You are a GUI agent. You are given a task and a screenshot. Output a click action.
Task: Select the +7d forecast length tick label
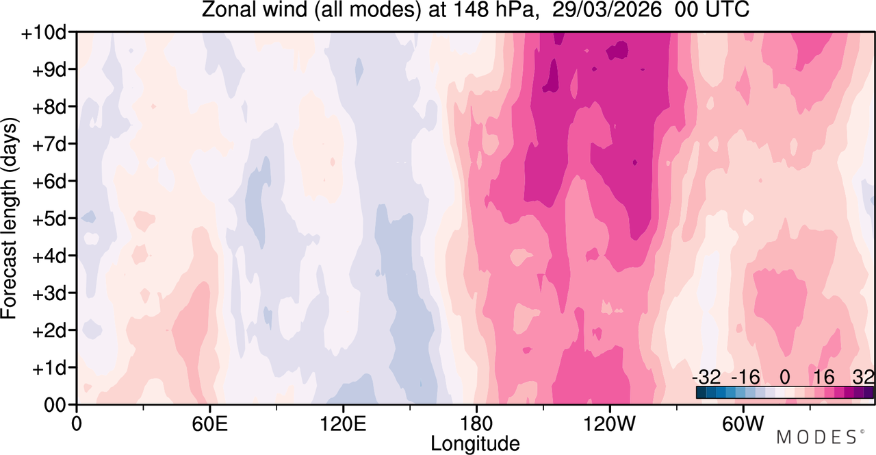click(49, 145)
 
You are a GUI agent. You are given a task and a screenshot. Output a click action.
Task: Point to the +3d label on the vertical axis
click(49, 293)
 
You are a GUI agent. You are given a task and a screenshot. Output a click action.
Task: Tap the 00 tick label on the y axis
click(55, 405)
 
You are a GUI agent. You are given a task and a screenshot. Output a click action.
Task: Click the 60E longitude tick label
click(209, 423)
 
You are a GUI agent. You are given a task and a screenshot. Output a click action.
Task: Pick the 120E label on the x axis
click(343, 423)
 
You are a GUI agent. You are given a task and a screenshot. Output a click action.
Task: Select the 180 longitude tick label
click(476, 423)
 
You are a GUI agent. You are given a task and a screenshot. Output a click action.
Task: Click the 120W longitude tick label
click(609, 423)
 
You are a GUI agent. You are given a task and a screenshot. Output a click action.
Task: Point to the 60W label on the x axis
click(743, 423)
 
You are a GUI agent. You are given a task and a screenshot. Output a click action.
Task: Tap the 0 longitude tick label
click(77, 423)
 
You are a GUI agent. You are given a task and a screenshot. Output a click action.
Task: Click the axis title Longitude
click(475, 444)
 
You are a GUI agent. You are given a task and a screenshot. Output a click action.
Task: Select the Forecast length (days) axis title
click(10, 218)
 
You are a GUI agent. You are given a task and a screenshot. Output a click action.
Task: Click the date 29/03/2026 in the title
click(606, 10)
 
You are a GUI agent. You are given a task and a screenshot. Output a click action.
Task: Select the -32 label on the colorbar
click(706, 378)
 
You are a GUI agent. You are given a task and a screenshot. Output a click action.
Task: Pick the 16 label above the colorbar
click(824, 378)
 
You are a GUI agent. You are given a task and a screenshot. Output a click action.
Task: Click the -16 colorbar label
click(745, 378)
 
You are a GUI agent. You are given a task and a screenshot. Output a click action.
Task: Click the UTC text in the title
click(727, 10)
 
